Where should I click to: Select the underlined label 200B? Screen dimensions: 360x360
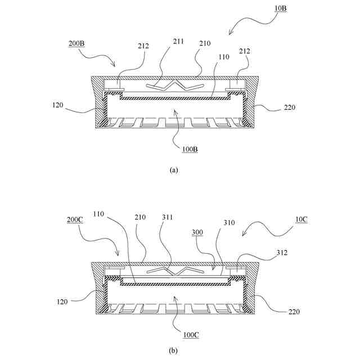[x=78, y=43]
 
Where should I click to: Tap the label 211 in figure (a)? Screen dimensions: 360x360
[x=178, y=42]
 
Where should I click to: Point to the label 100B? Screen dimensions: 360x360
[x=190, y=149]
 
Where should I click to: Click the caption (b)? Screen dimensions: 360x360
[x=173, y=350]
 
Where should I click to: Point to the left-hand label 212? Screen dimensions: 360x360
[x=143, y=46]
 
